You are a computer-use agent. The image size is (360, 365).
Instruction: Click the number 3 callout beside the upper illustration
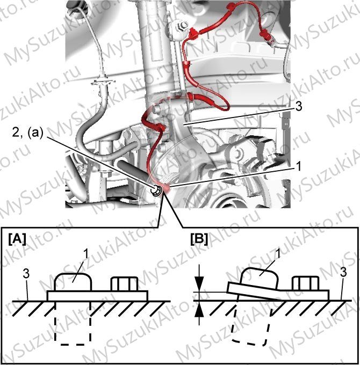(298, 106)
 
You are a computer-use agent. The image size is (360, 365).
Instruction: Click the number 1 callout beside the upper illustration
(298, 167)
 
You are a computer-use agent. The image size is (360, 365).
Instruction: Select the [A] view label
(17, 239)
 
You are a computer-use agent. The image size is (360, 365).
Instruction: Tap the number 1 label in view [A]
(86, 254)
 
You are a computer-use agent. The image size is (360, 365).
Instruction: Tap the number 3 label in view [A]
(26, 274)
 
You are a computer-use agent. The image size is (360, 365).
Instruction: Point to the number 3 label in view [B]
(343, 272)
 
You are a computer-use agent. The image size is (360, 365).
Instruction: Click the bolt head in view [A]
(125, 284)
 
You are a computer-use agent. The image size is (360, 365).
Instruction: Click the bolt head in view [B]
(306, 283)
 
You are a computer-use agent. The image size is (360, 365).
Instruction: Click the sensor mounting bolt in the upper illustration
(155, 190)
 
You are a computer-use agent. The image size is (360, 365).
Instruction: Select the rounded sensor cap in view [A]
(73, 282)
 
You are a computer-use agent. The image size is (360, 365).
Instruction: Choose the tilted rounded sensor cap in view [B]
(259, 278)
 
